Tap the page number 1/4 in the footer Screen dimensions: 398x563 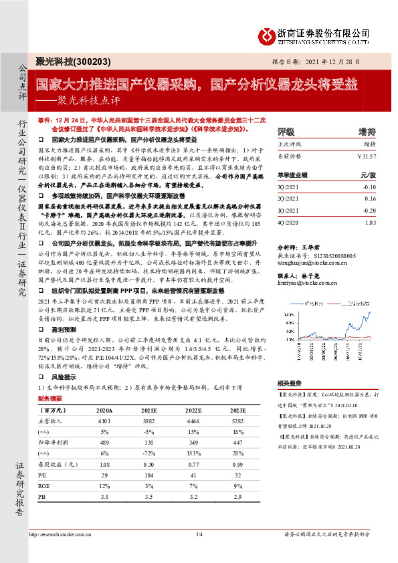pos(199,552)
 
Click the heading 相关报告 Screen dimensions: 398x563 pos(287,383)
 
